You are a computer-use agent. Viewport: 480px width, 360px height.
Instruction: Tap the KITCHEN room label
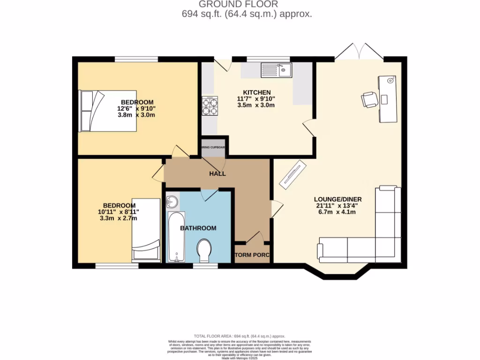[256, 92]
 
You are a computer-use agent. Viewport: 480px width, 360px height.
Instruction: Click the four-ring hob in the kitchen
[210, 105]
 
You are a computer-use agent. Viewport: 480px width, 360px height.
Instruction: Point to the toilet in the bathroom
[205, 251]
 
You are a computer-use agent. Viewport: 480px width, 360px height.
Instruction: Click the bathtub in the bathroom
[176, 237]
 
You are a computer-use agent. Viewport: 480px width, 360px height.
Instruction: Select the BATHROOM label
[198, 228]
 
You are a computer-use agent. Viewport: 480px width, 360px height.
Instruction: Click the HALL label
[217, 173]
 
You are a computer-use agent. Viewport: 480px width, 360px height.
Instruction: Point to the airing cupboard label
[214, 147]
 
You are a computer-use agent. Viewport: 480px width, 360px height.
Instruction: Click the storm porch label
[252, 255]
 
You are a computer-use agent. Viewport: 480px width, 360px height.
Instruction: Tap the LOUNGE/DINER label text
[337, 199]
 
